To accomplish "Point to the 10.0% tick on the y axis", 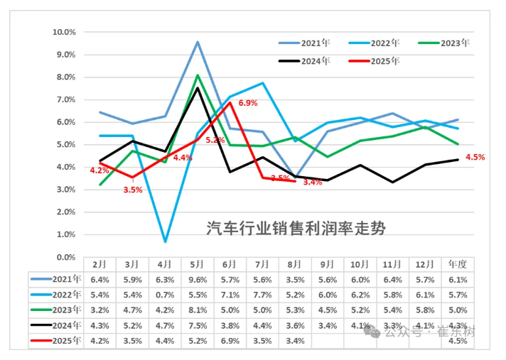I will point(65,32).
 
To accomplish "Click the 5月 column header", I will point(198,263).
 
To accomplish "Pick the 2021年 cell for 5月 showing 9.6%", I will point(198,279).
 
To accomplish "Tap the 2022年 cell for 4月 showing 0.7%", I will point(165,295).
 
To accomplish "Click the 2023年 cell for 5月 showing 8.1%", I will point(198,310).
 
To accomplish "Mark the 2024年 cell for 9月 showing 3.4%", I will point(328,325).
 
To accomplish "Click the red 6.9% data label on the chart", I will point(247,104).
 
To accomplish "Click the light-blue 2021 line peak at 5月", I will point(198,41).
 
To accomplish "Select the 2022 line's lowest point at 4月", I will point(165,241).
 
